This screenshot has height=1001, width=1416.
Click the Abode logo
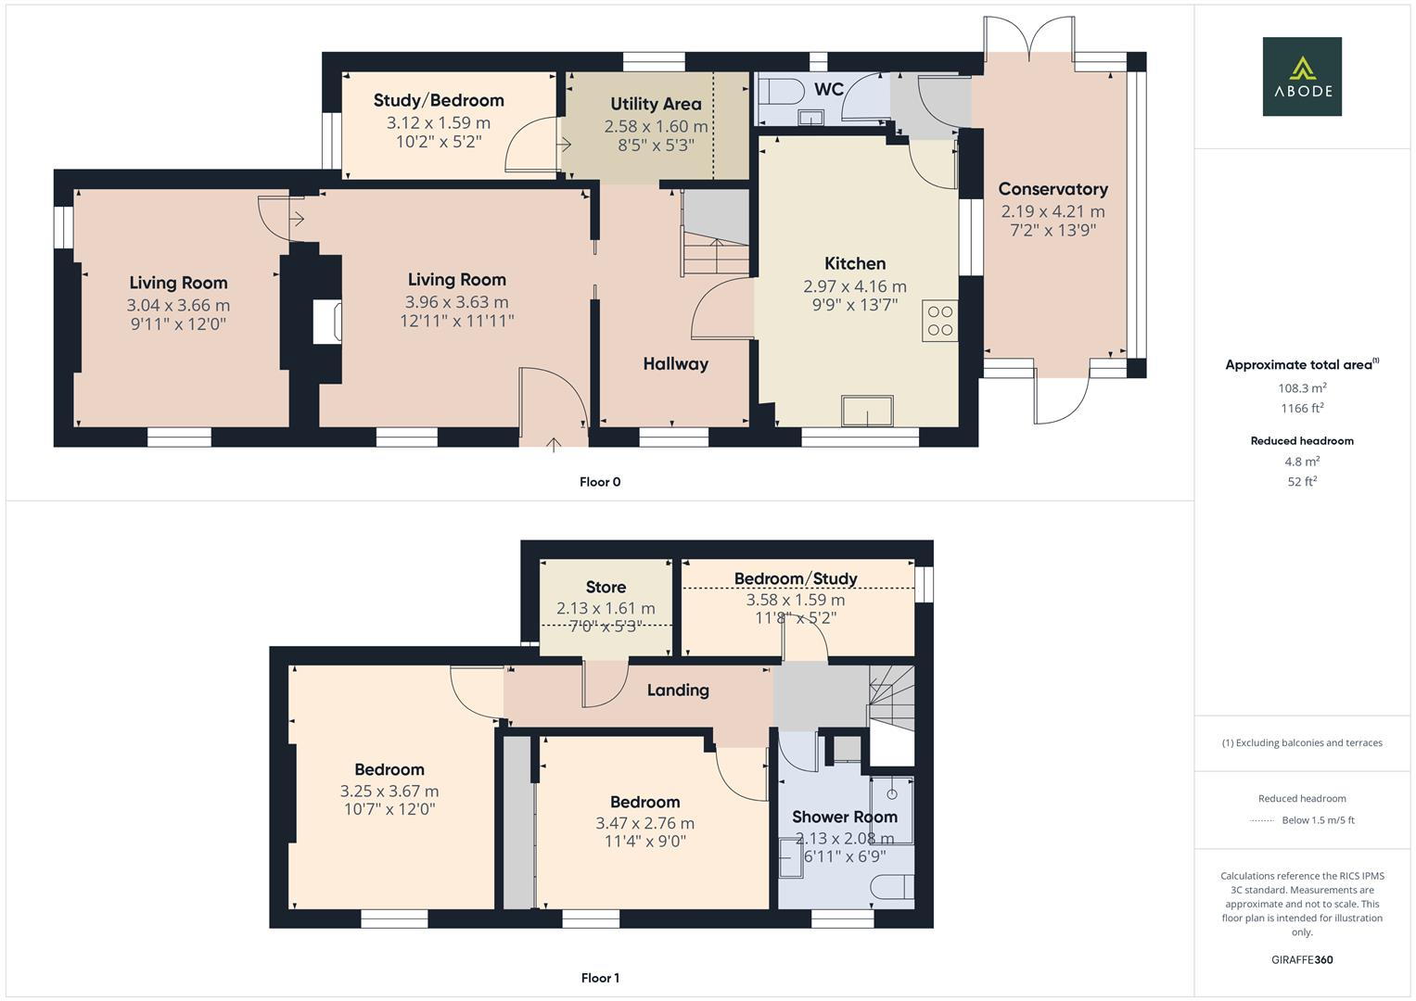point(1301,77)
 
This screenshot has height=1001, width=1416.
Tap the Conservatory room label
point(1052,189)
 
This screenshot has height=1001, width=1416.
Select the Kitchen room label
point(855,264)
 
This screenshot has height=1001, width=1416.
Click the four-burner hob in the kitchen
point(939,321)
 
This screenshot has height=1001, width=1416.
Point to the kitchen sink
point(867,411)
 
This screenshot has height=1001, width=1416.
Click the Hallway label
point(675,364)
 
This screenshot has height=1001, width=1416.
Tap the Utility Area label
point(656,105)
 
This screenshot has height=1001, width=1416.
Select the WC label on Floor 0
point(828,89)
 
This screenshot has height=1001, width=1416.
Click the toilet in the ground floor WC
point(776,93)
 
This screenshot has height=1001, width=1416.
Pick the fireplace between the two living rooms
point(325,323)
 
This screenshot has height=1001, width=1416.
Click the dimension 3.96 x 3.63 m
point(456,302)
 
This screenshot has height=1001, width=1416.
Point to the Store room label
point(606,588)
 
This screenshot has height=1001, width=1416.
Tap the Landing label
point(677,691)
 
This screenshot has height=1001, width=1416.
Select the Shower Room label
point(844,817)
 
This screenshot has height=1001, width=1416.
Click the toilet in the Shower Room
point(892,887)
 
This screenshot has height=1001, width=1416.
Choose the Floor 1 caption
point(599,978)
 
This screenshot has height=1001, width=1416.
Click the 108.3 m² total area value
point(1301,388)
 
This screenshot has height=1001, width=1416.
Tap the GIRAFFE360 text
point(1301,959)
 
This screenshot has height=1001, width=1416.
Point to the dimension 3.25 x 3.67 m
point(389,792)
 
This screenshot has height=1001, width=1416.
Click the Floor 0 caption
point(599,482)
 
